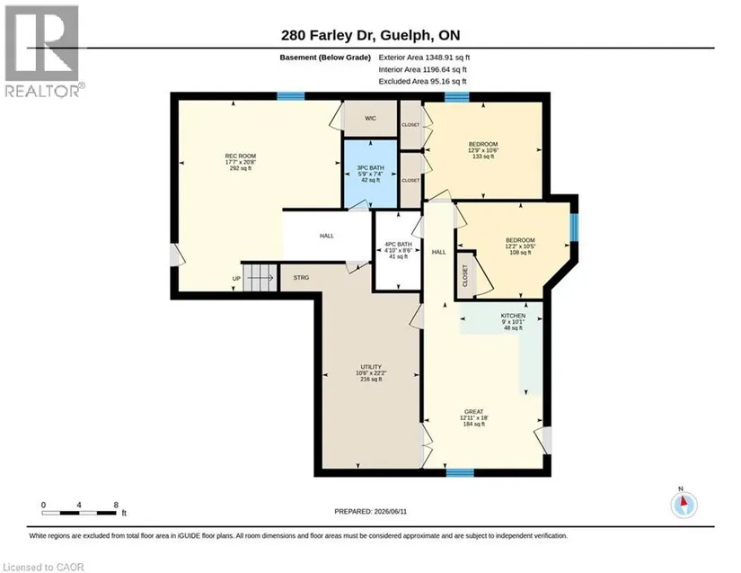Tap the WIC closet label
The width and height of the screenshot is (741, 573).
(x=370, y=119)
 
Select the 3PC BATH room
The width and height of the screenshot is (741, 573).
(x=370, y=174)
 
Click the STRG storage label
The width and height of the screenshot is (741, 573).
(x=301, y=278)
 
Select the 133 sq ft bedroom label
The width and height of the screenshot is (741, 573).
(x=483, y=150)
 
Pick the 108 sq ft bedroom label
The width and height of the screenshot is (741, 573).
(x=520, y=246)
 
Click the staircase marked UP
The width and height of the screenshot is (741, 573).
(x=260, y=278)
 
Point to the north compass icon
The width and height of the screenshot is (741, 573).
(x=684, y=505)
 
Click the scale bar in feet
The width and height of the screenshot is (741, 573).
(x=79, y=513)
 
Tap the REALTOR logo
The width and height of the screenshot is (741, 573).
(x=43, y=50)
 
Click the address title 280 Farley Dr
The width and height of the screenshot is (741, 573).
(x=370, y=35)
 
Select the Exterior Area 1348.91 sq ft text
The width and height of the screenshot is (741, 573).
(x=424, y=58)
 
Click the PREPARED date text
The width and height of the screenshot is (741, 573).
(x=370, y=512)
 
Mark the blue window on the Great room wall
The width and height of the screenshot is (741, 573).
(x=460, y=472)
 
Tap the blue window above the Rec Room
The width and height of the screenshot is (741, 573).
(x=291, y=96)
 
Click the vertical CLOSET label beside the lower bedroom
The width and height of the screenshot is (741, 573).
(x=465, y=275)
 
